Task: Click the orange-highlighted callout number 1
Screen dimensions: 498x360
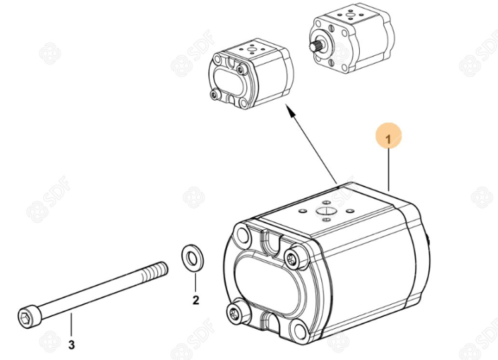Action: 388,139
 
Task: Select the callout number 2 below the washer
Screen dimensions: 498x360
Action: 196,300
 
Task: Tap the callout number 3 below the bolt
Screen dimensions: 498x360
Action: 72,345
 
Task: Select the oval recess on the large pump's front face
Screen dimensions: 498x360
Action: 267,286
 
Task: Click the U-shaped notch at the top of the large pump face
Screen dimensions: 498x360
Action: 273,240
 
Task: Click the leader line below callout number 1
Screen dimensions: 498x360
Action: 388,169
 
